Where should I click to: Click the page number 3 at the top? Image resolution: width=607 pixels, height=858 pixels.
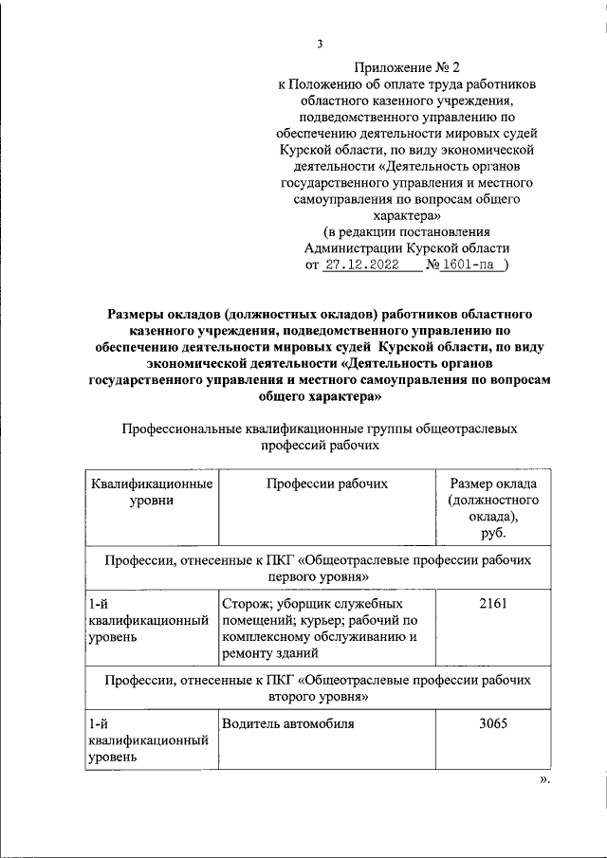click(321, 43)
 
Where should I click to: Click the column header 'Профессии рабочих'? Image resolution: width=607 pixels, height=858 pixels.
click(327, 484)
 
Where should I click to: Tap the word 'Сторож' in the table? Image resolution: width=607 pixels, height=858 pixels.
click(246, 603)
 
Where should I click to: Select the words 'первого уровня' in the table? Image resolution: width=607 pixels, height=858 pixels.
click(318, 575)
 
